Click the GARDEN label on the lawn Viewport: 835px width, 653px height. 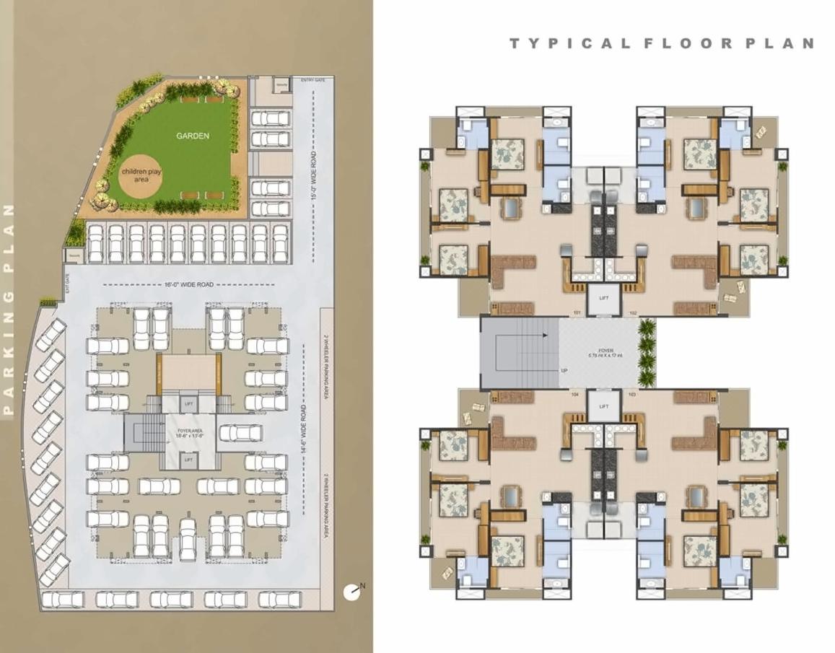pyautogui.click(x=193, y=136)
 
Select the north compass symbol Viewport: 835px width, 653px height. pyautogui.click(x=352, y=591)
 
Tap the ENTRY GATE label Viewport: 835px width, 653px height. pyautogui.click(x=312, y=80)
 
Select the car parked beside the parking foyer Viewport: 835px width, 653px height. pyautogui.click(x=240, y=433)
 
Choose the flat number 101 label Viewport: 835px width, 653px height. pyautogui.click(x=577, y=312)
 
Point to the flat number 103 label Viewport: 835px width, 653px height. pyautogui.click(x=633, y=395)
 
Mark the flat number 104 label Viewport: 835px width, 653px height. pyautogui.click(x=575, y=395)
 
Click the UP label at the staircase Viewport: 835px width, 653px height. pyautogui.click(x=563, y=371)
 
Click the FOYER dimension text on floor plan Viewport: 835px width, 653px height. pyautogui.click(x=606, y=353)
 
